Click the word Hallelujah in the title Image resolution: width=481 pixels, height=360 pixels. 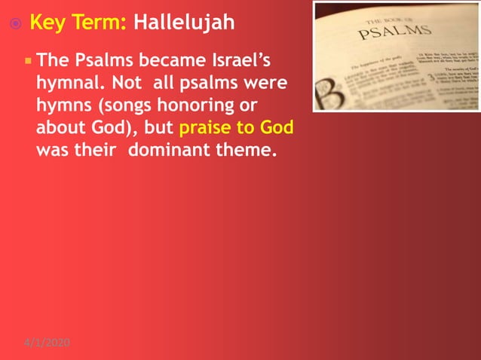pyautogui.click(x=183, y=23)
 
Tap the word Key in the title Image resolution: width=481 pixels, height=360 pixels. pyautogui.click(x=47, y=23)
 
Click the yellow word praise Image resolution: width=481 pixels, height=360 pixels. pyautogui.click(x=206, y=127)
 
